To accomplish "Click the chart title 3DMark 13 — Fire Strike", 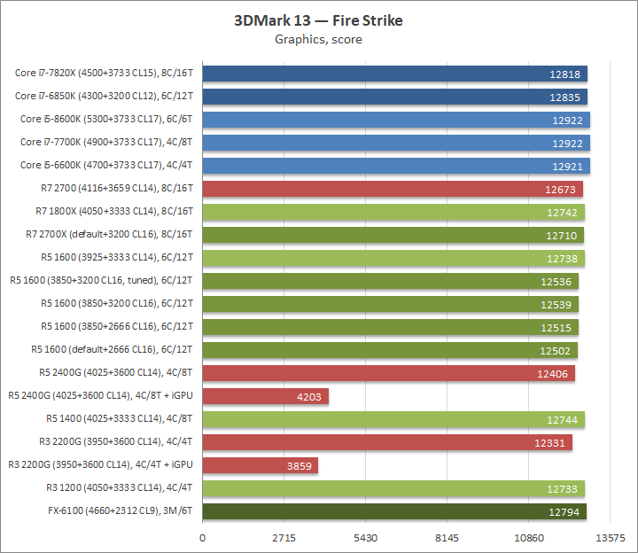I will (x=318, y=20).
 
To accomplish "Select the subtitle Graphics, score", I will (x=318, y=39).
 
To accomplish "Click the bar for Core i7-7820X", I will (x=394, y=74).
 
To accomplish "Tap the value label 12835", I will (x=564, y=97).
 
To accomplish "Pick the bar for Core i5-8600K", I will (x=396, y=120).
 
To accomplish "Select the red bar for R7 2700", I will (x=393, y=188).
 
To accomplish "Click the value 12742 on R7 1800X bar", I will (x=562, y=212).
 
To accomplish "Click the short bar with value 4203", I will (x=265, y=396).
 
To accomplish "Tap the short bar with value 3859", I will (x=260, y=465).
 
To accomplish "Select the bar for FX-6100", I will (x=394, y=511).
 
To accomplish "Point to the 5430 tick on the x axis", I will (x=366, y=538).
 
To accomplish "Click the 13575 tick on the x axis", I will (x=611, y=538).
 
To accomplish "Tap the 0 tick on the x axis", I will (x=203, y=538).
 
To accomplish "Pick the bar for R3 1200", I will (x=393, y=488).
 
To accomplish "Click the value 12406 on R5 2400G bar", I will (x=554, y=373).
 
